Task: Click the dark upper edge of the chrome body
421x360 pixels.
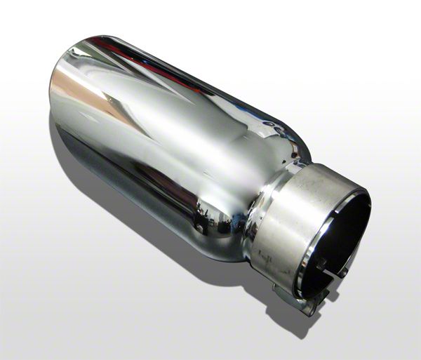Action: [x=196, y=77]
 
